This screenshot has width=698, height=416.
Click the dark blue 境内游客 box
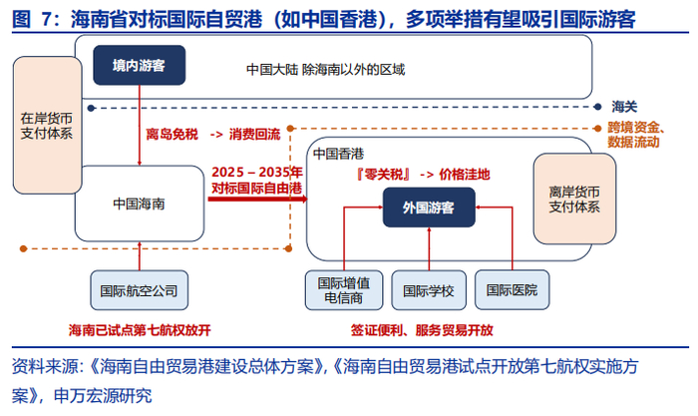pos(140,65)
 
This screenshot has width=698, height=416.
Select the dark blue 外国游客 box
pos(429,208)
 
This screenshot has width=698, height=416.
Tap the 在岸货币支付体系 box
pos(47,125)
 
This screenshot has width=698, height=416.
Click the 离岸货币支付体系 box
pos(574,200)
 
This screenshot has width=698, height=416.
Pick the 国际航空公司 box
pos(139,290)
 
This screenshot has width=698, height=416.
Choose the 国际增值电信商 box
pos(344,290)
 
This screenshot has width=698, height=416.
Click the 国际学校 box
pos(429,290)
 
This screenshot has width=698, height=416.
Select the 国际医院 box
pos(512,290)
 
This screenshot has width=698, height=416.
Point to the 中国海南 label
pos(139,204)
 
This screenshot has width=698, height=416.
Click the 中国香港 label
pos(338,154)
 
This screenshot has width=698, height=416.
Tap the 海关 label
pos(624,107)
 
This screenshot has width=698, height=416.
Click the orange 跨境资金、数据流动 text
pos(636,135)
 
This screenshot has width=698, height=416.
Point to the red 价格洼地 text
pos(465,175)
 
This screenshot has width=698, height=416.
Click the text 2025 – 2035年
pos(257,172)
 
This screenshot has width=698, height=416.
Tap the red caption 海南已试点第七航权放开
pos(140,330)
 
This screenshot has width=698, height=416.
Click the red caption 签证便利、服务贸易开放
pos(422,330)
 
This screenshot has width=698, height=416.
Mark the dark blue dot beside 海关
pos(598,107)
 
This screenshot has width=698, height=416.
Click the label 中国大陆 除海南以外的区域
pos(325,70)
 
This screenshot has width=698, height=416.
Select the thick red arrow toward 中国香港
pos(257,199)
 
